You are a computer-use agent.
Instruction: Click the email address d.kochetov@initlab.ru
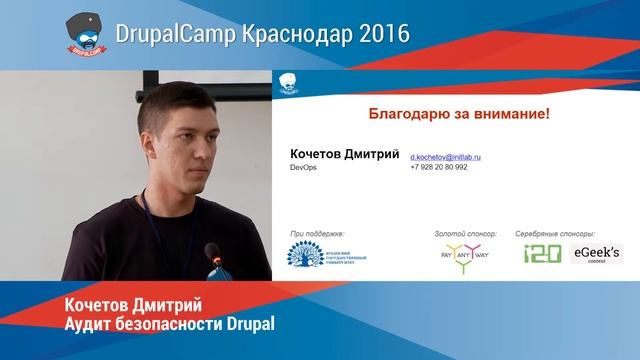click(446, 157)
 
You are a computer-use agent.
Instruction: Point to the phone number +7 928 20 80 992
click(439, 167)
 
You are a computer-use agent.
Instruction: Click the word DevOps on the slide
click(303, 167)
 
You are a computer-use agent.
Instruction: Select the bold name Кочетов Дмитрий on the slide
click(344, 155)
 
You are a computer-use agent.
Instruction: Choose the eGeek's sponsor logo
click(596, 254)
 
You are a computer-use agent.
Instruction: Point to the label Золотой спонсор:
click(465, 233)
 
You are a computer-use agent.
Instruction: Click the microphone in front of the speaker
click(212, 253)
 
